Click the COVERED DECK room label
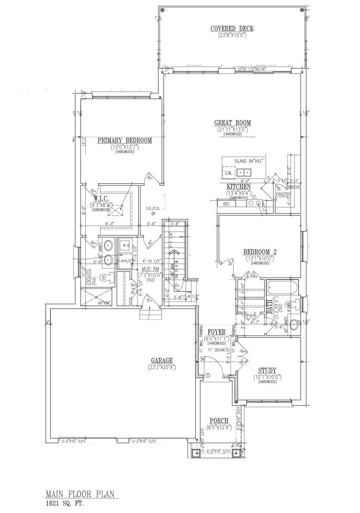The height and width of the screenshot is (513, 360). [232, 29]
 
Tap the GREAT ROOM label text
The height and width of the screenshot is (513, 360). [232, 123]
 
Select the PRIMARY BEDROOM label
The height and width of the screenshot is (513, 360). [125, 141]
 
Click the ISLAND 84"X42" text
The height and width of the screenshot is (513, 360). [249, 161]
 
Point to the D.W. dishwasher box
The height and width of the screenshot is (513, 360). [228, 173]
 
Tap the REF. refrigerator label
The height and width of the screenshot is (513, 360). [226, 204]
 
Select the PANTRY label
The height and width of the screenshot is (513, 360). [283, 194]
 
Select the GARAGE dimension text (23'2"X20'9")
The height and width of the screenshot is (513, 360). [162, 367]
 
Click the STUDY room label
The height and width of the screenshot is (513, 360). [267, 371]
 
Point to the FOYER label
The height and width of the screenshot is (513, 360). [217, 332]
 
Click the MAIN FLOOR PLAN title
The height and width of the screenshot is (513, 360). [82, 494]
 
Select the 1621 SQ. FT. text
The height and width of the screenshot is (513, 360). [64, 503]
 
